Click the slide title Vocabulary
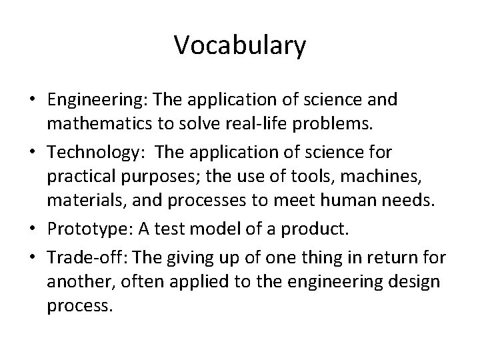240,46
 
